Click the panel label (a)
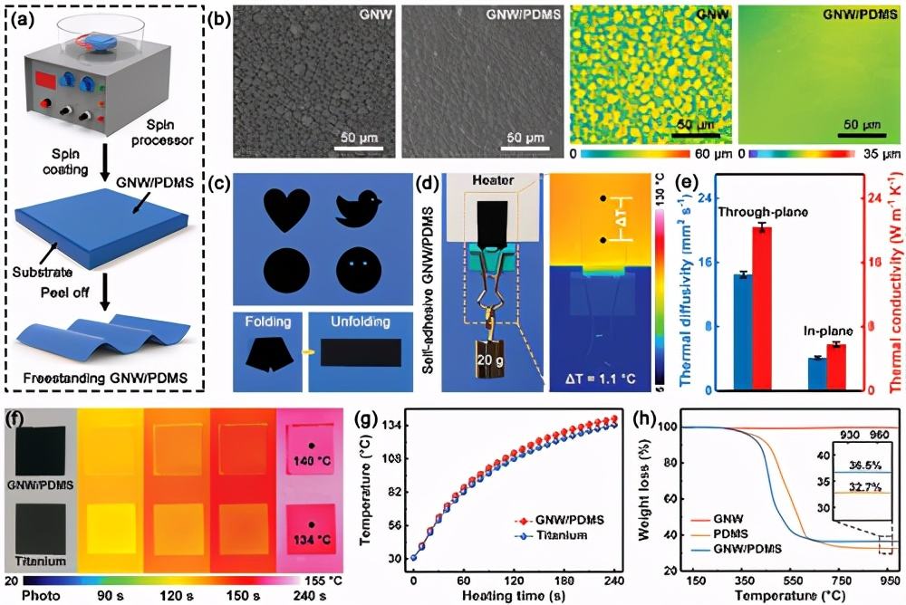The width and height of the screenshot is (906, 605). [x=26, y=17]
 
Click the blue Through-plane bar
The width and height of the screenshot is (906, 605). [x=741, y=331]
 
